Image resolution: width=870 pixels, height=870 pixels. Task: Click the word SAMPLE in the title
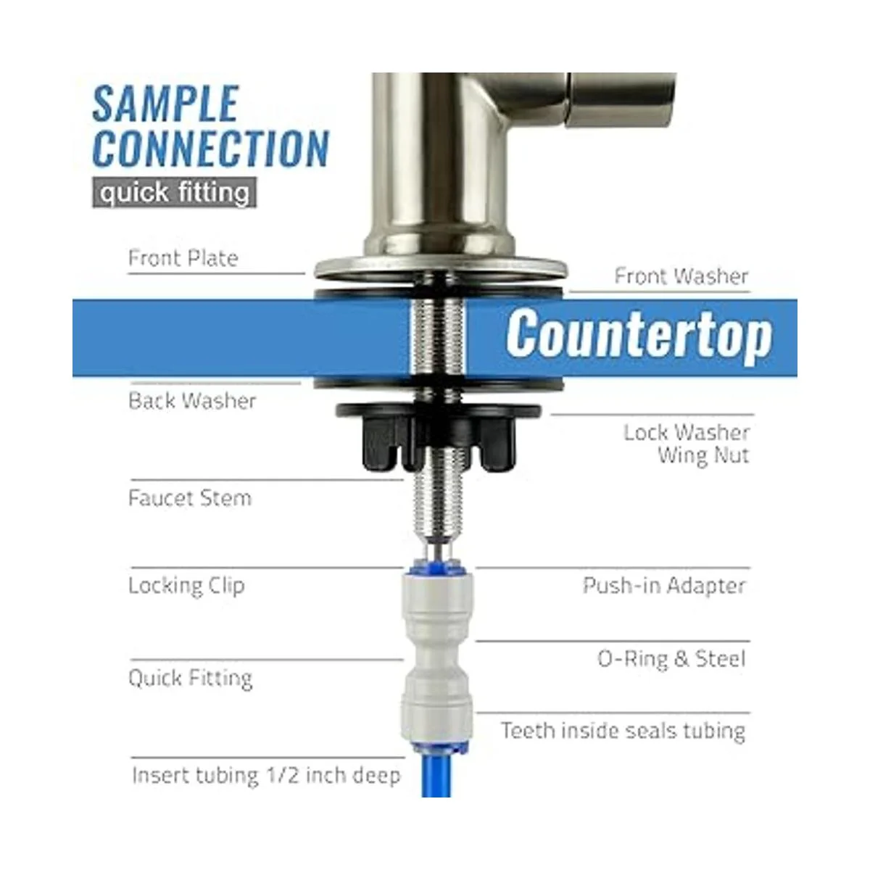click(x=165, y=104)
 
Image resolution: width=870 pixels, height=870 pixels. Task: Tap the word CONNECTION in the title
click(x=211, y=149)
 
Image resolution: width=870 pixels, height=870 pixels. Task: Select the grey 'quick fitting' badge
click(x=174, y=192)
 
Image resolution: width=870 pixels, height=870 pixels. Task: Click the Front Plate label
click(x=183, y=258)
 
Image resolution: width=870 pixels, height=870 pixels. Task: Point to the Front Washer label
click(x=681, y=276)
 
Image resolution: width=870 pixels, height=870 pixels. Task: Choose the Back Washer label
click(x=192, y=401)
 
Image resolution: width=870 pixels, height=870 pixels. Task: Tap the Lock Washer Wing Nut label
click(x=687, y=444)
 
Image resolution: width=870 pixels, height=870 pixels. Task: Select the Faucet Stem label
click(x=190, y=498)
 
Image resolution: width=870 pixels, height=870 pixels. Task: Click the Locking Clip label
click(x=186, y=586)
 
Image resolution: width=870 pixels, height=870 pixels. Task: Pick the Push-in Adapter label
click(x=664, y=586)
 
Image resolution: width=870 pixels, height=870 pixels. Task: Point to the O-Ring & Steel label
click(x=671, y=659)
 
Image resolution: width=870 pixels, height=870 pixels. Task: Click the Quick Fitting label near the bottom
click(x=190, y=678)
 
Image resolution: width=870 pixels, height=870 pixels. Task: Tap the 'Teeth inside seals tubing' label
click(x=623, y=730)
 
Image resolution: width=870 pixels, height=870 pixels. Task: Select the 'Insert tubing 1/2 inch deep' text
click(x=266, y=775)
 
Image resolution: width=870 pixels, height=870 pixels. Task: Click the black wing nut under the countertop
click(x=438, y=436)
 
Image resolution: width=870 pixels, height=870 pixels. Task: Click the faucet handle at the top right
click(x=621, y=99)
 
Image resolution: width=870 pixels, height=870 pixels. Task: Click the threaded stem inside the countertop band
click(x=438, y=338)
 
